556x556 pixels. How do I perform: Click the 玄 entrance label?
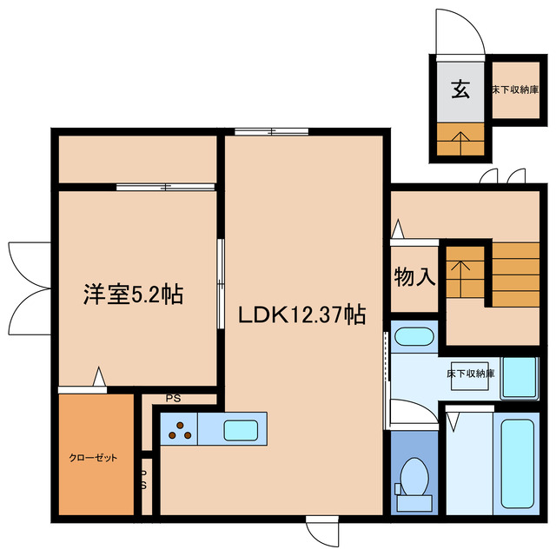[460, 89]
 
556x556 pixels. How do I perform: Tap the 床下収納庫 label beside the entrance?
[516, 89]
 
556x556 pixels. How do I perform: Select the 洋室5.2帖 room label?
[133, 294]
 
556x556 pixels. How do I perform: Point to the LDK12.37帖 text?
[301, 314]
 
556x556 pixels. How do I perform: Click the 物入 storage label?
[414, 278]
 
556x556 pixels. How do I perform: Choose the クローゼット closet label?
[94, 458]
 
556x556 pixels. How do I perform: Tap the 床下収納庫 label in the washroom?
[471, 374]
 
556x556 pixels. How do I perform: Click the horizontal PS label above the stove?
[173, 400]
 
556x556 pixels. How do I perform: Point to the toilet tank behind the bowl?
[413, 501]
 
